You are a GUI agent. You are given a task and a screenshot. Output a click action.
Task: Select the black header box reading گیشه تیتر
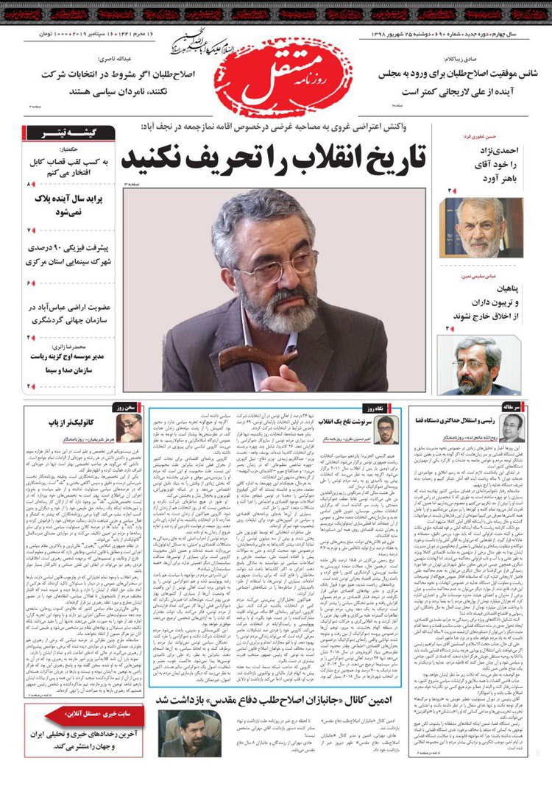(x=71, y=133)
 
